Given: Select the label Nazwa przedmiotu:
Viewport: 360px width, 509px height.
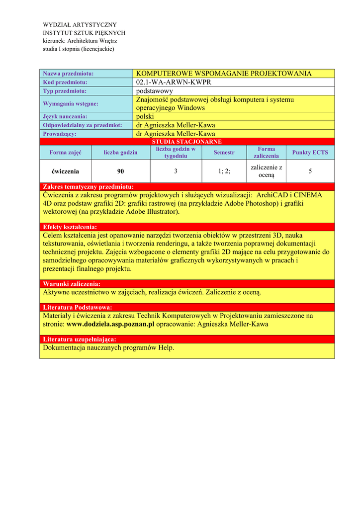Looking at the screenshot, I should point(68,74).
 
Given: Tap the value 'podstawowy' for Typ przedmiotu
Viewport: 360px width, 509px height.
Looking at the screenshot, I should point(154,91).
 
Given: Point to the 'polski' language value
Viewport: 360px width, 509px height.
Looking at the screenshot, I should point(145,116).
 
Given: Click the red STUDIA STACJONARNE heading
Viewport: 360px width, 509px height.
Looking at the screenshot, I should point(186,142).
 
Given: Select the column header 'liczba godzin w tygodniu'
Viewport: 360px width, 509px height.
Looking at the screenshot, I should point(176,152).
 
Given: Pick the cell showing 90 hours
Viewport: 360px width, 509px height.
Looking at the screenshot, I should point(120,171).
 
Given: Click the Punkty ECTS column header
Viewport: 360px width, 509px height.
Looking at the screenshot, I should point(310,152).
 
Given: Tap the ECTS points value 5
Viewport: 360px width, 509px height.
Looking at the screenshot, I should point(310,171).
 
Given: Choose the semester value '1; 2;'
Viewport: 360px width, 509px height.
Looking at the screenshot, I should point(224,171).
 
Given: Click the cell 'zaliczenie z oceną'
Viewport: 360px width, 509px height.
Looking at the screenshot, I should point(266,171).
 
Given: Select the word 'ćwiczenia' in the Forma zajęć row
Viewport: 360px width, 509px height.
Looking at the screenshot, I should point(65,171).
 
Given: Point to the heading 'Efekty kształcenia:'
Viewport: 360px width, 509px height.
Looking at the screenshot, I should point(70,227).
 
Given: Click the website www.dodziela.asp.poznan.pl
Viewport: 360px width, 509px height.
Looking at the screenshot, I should point(110,324).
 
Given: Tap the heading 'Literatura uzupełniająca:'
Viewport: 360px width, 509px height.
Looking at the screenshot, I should point(80,339).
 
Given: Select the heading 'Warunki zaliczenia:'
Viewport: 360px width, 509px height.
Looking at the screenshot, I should point(72,284).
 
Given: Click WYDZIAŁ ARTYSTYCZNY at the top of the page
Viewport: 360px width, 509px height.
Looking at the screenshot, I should point(80,25).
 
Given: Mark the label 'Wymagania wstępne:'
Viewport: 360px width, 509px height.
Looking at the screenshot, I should point(71,104).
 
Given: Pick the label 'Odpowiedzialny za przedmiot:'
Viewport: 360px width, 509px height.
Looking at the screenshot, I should point(83,125).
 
